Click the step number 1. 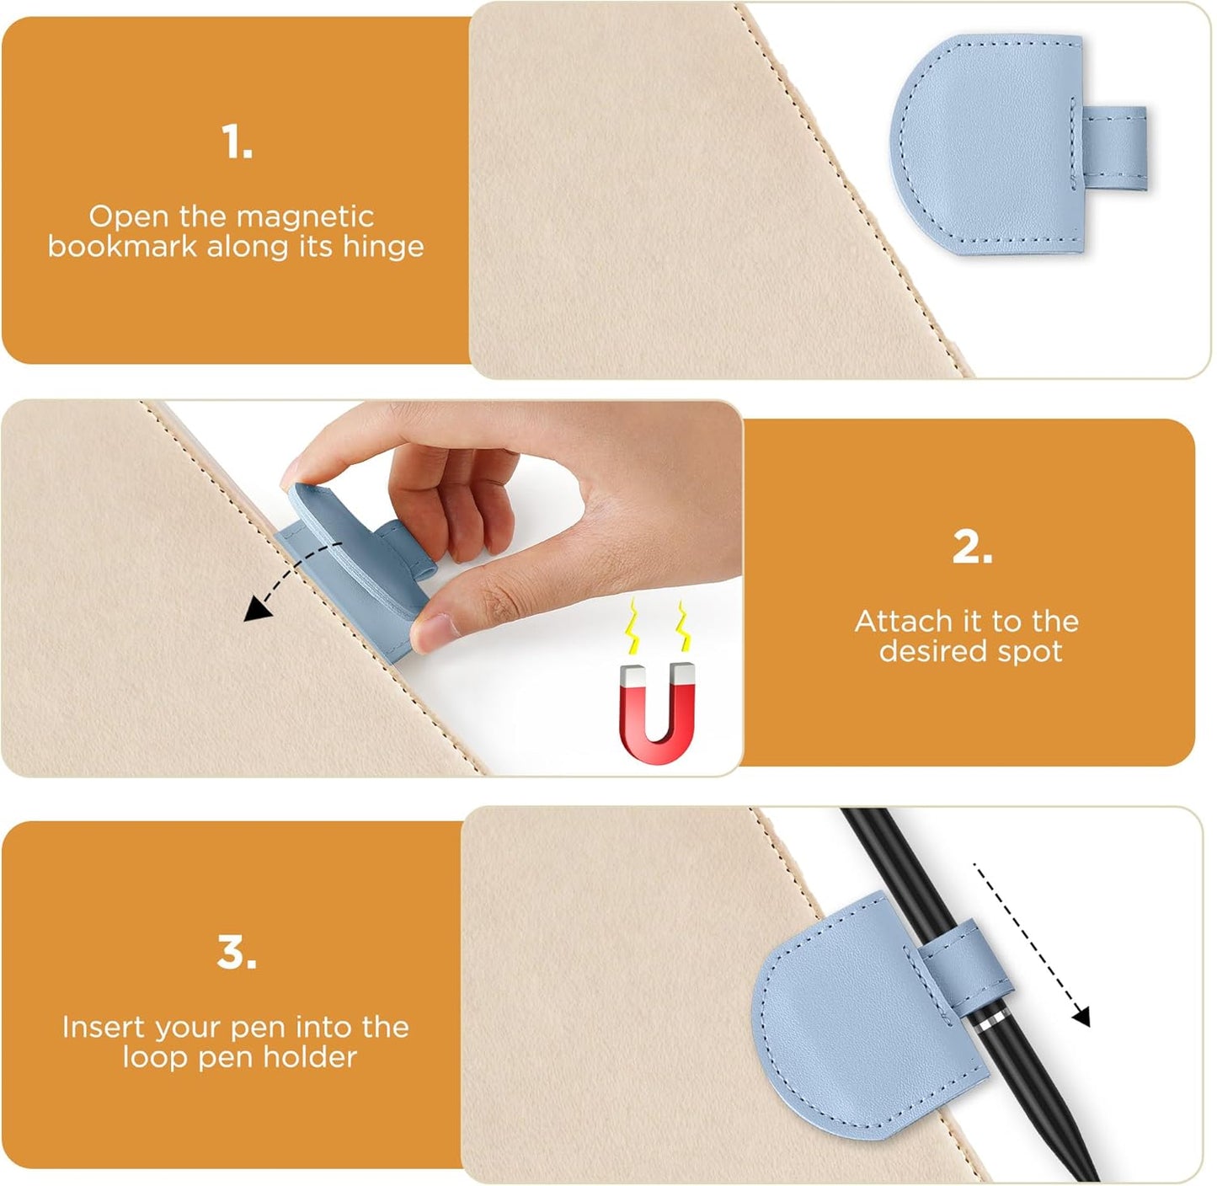[237, 142]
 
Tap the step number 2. [972, 548]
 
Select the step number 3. [237, 953]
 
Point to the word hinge [383, 247]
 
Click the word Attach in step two [903, 622]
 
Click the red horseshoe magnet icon [658, 713]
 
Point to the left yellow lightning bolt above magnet [631, 628]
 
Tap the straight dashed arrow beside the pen [1032, 943]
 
